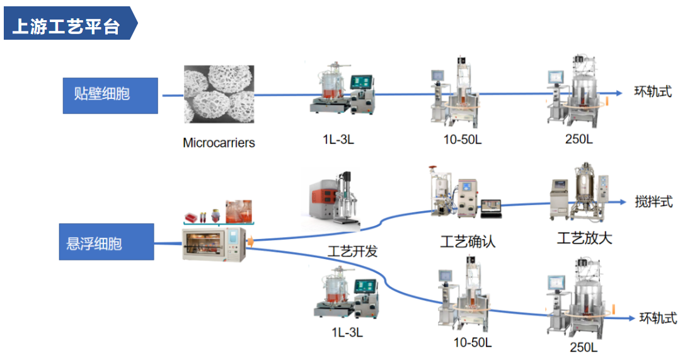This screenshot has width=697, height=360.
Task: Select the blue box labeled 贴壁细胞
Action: [x=110, y=95]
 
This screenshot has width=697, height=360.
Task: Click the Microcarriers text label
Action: [x=219, y=142]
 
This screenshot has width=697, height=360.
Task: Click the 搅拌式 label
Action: [x=654, y=202]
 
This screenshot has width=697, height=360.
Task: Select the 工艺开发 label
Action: [x=353, y=251]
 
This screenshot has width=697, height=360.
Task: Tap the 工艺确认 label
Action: [x=468, y=241]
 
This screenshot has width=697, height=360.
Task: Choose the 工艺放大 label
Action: [x=584, y=238]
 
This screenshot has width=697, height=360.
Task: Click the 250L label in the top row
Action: [x=579, y=139]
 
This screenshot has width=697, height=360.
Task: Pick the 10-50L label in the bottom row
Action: [x=472, y=342]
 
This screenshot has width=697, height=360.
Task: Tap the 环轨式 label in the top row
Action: [x=653, y=91]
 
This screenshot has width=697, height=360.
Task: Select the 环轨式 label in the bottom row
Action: [x=658, y=318]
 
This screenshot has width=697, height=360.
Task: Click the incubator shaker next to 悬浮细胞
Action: [x=214, y=245]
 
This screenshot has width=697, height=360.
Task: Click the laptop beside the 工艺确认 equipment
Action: [x=491, y=208]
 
